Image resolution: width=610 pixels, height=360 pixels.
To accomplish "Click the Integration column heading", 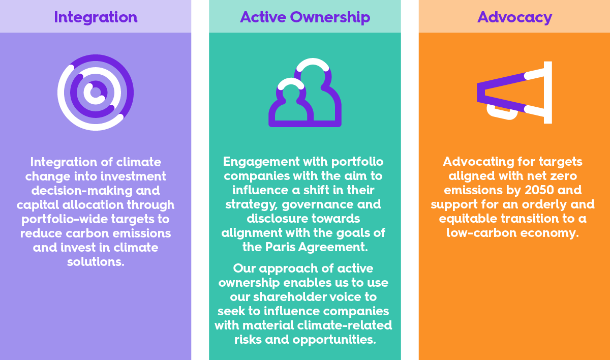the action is [x=96, y=17].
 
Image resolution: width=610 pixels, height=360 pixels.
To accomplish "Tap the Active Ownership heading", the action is [x=305, y=17].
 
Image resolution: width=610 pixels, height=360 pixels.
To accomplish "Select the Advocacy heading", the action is [x=514, y=17].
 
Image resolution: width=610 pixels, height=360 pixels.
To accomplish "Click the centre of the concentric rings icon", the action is [x=96, y=93].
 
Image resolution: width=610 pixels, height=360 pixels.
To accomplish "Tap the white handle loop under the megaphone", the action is [x=502, y=112].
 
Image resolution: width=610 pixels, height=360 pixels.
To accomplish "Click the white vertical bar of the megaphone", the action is [x=548, y=93].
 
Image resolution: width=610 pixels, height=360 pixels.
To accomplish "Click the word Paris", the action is [x=280, y=247].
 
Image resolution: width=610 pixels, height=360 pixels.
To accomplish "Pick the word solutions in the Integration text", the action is [x=96, y=262].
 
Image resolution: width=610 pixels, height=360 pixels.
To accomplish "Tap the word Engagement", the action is [x=261, y=162].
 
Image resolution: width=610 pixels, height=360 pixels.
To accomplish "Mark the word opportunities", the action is [x=334, y=340].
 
